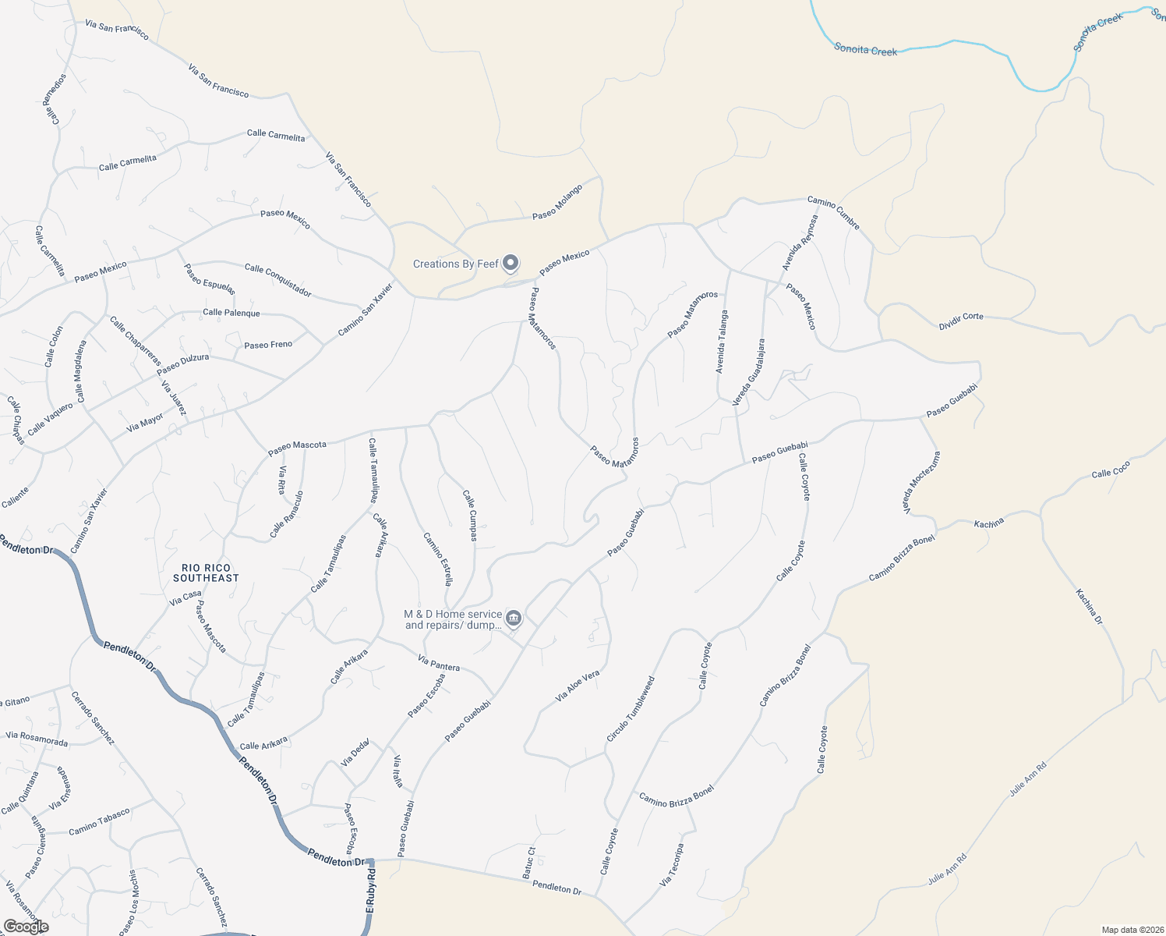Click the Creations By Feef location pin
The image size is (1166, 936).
point(511,263)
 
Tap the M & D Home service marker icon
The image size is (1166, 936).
point(513,619)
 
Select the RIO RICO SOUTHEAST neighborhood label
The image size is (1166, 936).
point(206,573)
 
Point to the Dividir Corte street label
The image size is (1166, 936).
point(961,317)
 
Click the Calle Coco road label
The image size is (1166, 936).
point(1111,470)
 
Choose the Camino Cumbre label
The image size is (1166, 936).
point(833,213)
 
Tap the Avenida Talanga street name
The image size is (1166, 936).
point(723,342)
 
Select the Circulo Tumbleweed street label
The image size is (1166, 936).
point(631,709)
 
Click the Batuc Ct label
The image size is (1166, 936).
point(528,863)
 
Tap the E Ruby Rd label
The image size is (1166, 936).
point(371,892)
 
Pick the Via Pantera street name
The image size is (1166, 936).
point(439,663)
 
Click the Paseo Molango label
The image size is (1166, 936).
point(557,202)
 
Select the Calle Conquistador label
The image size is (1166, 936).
point(278,280)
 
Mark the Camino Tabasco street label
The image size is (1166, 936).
point(99,821)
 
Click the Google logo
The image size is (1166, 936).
point(26,927)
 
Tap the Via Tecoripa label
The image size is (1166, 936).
point(671,864)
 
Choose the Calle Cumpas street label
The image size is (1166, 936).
point(469,515)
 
